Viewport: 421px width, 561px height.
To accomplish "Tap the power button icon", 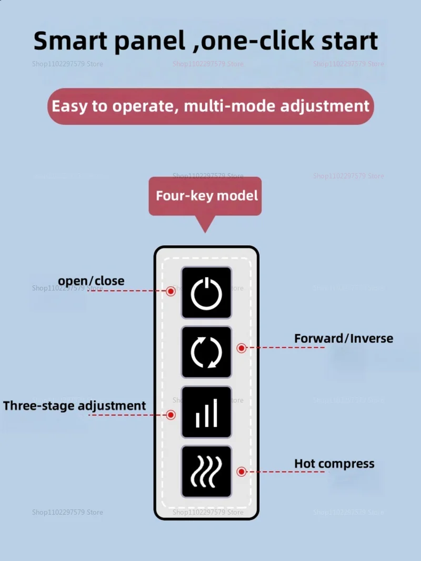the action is [x=206, y=293].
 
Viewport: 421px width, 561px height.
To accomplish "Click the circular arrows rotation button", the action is [x=206, y=352].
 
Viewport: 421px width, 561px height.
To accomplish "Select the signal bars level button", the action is [x=206, y=412].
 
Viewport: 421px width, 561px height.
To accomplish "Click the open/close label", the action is [x=91, y=281].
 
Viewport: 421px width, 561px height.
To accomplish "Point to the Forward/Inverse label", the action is [x=343, y=338].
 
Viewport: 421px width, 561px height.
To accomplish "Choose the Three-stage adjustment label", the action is [x=74, y=406].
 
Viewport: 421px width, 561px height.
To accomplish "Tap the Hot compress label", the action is [x=334, y=464].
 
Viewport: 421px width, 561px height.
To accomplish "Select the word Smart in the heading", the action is [x=69, y=41].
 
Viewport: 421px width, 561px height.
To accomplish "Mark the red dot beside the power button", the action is [x=171, y=291].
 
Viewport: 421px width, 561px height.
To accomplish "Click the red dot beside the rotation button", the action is [x=242, y=348].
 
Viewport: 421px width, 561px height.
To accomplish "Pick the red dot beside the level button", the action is [x=171, y=415].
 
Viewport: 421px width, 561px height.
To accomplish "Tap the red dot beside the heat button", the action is [x=242, y=472].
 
